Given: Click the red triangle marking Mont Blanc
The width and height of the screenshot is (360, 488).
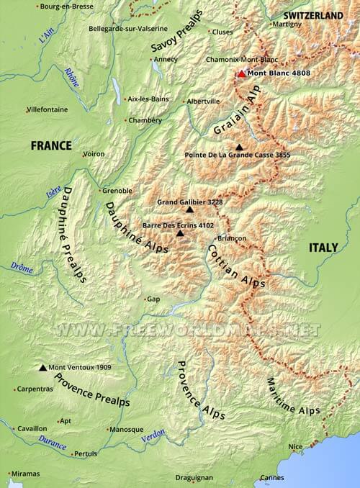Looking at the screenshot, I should pos(241,73).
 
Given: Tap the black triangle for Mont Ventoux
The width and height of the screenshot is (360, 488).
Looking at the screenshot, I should pos(42,367).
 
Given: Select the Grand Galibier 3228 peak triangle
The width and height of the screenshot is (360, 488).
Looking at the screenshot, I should pos(189,209).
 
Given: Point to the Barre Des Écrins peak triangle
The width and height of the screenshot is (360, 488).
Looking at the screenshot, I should pos(180,233).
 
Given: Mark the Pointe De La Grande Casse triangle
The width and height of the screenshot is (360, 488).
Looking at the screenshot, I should pos(239,146).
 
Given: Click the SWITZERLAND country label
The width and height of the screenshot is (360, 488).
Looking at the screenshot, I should pos(313,15).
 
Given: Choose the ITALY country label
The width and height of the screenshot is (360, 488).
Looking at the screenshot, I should pos(323,247).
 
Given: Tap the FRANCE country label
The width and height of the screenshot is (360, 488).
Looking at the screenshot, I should pos(51,145).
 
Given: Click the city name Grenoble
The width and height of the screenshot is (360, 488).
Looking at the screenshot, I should pos(117,191).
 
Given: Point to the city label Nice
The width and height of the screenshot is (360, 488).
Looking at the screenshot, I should pos(295,447).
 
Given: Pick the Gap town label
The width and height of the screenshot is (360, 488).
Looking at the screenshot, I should pos(153,299).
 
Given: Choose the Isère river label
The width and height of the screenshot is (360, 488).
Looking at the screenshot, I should pos(53,191).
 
